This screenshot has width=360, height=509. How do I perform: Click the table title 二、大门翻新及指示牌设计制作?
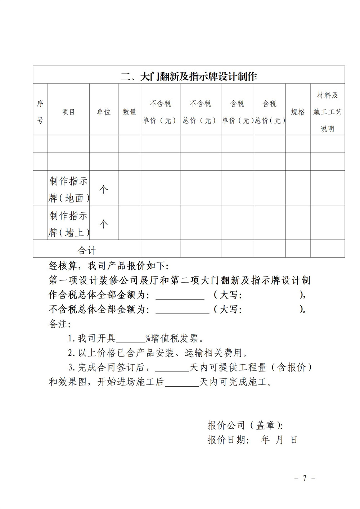(x=189, y=76)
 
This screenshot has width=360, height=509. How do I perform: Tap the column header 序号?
(x=40, y=112)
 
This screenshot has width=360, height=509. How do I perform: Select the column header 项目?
(x=68, y=112)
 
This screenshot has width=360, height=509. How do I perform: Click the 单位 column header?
(x=104, y=112)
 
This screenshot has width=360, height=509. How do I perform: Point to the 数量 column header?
(x=129, y=112)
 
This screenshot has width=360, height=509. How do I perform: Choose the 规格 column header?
(x=298, y=112)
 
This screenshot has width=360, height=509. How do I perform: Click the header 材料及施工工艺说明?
(x=327, y=112)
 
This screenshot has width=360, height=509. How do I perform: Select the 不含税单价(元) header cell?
(x=160, y=112)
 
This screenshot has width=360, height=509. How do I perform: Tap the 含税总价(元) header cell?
(x=270, y=112)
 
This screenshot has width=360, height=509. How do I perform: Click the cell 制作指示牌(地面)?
(x=68, y=189)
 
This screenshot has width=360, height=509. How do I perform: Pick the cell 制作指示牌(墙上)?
(x=68, y=224)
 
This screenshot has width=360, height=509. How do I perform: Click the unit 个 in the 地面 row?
(x=104, y=189)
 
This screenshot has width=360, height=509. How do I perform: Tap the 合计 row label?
(x=87, y=250)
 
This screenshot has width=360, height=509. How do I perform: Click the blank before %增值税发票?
(x=130, y=339)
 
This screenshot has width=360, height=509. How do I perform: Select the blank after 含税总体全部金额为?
(x=180, y=295)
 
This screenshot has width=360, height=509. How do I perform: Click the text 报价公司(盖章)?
(x=245, y=425)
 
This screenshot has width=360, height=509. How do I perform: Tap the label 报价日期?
(x=228, y=440)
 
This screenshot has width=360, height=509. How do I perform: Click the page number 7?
(x=305, y=478)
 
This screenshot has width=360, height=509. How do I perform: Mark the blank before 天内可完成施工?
(x=182, y=382)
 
